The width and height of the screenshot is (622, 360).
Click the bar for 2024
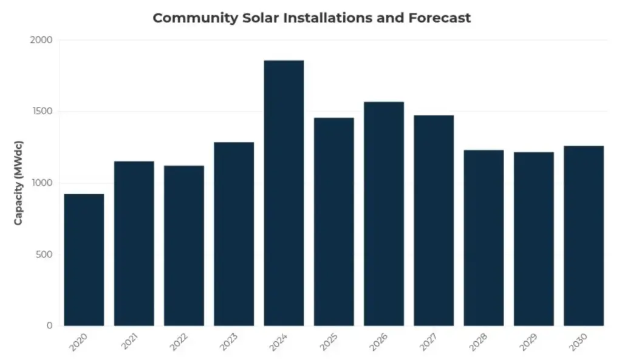(x=284, y=193)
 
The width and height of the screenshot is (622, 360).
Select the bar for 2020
(x=84, y=260)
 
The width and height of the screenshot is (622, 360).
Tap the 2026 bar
(x=384, y=214)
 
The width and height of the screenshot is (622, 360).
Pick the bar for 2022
(x=183, y=246)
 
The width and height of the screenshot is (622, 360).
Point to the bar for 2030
(x=584, y=236)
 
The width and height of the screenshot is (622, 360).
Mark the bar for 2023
(x=234, y=234)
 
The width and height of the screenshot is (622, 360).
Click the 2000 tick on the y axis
(x=42, y=40)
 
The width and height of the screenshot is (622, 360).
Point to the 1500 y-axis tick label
(x=42, y=112)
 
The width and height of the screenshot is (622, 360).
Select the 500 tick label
(x=44, y=254)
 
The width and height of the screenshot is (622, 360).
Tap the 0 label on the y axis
(x=50, y=326)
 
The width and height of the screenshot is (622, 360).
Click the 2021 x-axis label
(x=129, y=342)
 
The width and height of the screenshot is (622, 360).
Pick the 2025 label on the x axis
(x=329, y=342)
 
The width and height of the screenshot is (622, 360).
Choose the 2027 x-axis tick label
(x=429, y=342)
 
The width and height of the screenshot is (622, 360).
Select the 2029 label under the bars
(x=528, y=342)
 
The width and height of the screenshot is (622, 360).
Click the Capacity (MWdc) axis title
(x=19, y=183)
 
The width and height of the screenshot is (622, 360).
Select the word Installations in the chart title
(x=320, y=18)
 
